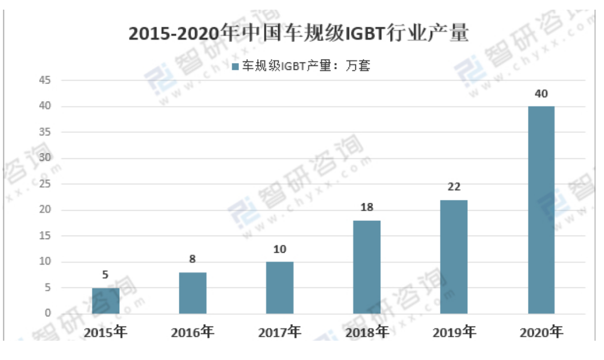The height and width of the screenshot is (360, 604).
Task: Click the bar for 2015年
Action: [106, 300]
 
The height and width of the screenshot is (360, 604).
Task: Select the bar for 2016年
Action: [192, 293]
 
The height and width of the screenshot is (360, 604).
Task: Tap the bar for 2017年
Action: [280, 287]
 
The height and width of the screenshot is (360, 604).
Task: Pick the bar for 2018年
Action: [367, 267]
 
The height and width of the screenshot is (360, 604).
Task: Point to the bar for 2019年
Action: [454, 257]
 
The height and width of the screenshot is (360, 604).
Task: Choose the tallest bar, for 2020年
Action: [541, 210]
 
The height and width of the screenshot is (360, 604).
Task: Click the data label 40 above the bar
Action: [541, 94]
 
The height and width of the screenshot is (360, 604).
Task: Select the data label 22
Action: [454, 187]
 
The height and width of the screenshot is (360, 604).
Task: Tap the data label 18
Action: [367, 208]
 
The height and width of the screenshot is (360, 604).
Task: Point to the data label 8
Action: [192, 260]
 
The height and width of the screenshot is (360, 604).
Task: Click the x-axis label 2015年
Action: [106, 332]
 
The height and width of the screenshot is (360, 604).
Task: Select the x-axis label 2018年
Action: [367, 332]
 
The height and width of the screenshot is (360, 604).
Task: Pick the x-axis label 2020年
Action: [541, 332]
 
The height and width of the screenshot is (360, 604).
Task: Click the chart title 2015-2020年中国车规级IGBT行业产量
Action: [299, 34]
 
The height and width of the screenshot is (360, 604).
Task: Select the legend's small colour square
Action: [236, 67]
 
